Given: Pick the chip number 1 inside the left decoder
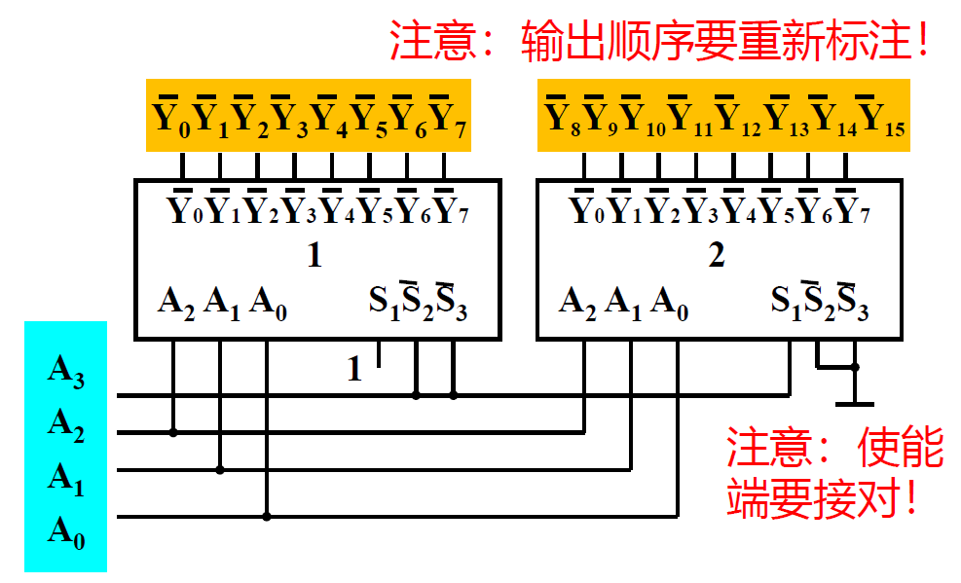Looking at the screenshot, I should click(x=314, y=256).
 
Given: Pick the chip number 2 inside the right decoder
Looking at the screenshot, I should click(x=717, y=256).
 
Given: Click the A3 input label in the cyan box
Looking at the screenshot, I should click(x=66, y=373).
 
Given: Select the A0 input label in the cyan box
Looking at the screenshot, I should click(x=66, y=532).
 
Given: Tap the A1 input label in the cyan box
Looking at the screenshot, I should click(x=66, y=479).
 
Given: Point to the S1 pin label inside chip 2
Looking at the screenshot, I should click(x=786, y=302).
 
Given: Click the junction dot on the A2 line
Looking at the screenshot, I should click(x=174, y=432).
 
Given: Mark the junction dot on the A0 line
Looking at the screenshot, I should click(x=266, y=516).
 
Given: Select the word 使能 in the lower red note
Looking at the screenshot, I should click(x=901, y=450).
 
